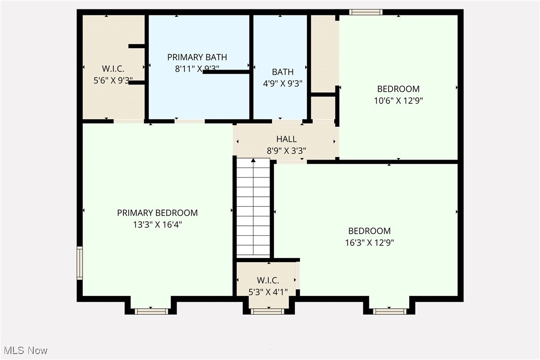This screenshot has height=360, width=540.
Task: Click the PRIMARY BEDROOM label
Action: (157, 213)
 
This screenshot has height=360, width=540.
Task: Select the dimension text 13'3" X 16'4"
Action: (157, 224)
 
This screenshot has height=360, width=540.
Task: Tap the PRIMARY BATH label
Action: (197, 57)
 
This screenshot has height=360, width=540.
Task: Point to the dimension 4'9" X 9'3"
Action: (282, 84)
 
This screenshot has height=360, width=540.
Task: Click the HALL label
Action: (286, 139)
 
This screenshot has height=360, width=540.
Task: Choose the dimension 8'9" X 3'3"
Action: (286, 150)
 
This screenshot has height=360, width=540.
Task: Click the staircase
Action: (253, 209)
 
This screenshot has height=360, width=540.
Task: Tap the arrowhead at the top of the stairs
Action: (253, 160)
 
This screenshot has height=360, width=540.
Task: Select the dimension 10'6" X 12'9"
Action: (398, 100)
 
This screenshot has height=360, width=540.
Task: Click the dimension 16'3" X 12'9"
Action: (369, 243)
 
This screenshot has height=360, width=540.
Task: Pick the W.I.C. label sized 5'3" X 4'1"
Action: (268, 280)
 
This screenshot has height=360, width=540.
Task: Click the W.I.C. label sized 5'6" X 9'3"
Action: (113, 68)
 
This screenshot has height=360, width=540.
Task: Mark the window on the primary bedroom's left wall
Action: (80, 263)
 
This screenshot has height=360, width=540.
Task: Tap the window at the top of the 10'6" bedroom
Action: (365, 12)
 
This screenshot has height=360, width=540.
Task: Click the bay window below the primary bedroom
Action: (151, 311)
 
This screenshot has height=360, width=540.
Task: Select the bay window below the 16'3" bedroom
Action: (389, 311)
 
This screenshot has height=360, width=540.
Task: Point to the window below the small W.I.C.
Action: (268, 311)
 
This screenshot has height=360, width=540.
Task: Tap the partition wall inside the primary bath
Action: (226, 72)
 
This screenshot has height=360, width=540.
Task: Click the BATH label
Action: (282, 72)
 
